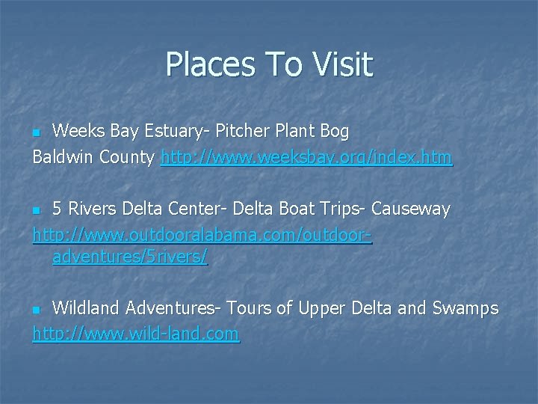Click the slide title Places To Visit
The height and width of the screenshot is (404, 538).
click(268, 64)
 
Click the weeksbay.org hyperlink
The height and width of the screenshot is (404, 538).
click(306, 158)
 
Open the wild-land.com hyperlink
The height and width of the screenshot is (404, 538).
click(136, 333)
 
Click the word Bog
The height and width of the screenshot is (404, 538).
click(333, 132)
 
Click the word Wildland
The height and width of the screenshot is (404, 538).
click(87, 308)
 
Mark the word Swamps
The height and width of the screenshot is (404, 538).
click(466, 308)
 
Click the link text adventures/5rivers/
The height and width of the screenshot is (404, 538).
click(130, 259)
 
